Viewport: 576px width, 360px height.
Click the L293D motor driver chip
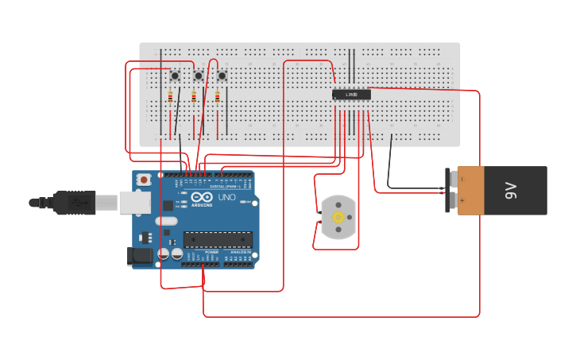(x=350, y=95)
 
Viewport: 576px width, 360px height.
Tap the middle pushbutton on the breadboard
(x=198, y=75)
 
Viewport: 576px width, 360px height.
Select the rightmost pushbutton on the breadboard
(x=222, y=75)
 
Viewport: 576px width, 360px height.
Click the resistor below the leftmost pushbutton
(x=170, y=97)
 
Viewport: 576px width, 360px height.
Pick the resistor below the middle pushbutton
(x=194, y=97)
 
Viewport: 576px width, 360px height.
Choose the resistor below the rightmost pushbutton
(x=218, y=97)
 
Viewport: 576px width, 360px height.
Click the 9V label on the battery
(x=512, y=191)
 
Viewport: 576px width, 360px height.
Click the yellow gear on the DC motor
(x=338, y=218)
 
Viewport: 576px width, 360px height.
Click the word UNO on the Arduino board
(x=226, y=197)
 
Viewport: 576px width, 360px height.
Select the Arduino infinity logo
(x=203, y=197)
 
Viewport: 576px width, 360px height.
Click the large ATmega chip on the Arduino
(x=218, y=238)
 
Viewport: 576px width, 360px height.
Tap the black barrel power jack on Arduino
(x=141, y=256)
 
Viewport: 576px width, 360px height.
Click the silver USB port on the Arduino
(x=134, y=202)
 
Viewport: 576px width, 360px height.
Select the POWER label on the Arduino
(x=211, y=252)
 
